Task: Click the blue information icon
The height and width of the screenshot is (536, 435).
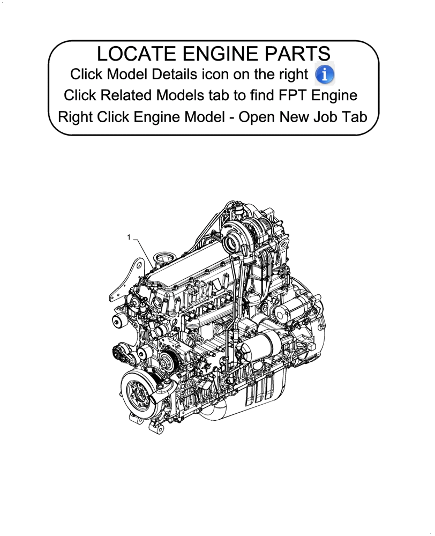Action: pos(325,74)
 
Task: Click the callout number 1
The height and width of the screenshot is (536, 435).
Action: pos(129,236)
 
